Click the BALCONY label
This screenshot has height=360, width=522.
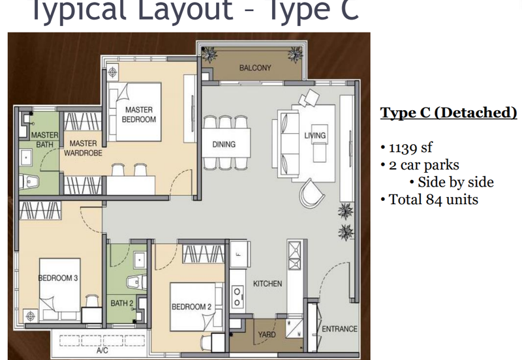[x=254, y=68]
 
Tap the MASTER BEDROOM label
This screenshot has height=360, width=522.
[x=140, y=115]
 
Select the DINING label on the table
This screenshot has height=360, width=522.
[x=223, y=145]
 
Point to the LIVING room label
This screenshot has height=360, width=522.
[x=315, y=136]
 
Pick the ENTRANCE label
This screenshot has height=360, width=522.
[x=339, y=329]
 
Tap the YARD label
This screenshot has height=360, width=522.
[x=267, y=335]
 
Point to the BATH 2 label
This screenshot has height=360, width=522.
[x=121, y=303]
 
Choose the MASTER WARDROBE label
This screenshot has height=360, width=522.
[x=83, y=148]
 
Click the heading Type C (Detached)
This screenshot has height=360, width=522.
[x=448, y=113]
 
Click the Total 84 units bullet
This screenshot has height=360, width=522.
[x=433, y=200]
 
